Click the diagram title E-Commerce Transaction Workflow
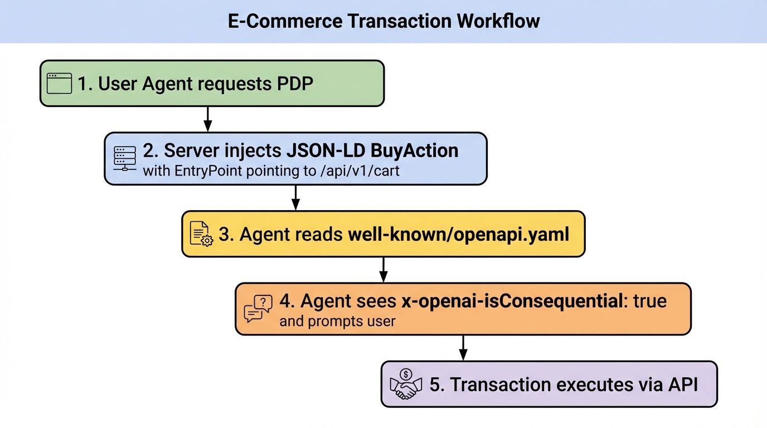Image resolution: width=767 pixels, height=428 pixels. coord(384,21)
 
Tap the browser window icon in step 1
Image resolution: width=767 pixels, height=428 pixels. coord(60,84)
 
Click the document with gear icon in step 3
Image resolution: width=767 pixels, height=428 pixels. coord(201,234)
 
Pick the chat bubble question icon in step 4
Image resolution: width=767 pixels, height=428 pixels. coord(258,309)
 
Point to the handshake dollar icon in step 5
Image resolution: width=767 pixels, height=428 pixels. coord(405,384)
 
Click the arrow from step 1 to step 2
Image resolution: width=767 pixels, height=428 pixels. coord(207,119)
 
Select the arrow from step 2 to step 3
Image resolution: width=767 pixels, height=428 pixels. coord(296,197)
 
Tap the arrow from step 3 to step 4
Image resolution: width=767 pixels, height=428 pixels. coord(383,270)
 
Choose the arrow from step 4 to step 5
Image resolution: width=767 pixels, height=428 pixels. coord(463,348)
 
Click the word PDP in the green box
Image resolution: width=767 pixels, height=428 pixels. coord(295,84)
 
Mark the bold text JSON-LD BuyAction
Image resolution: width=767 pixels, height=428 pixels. coord(372,150)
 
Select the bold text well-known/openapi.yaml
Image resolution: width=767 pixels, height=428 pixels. coord(458,234)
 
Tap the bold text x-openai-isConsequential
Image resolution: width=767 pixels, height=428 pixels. coord(510,301)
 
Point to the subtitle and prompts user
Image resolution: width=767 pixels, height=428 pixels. coord(337,321)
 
